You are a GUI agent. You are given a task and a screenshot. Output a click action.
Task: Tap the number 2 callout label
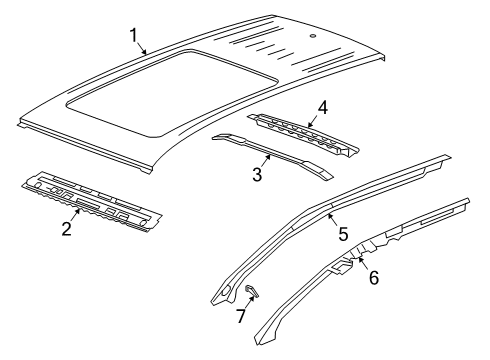(66, 229)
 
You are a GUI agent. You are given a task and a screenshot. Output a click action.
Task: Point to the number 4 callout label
(322, 106)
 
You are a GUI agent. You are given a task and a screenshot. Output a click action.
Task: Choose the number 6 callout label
(374, 278)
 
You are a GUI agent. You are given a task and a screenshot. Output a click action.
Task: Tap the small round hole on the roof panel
(314, 35)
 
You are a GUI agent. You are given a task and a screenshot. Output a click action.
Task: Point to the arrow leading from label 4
(313, 117)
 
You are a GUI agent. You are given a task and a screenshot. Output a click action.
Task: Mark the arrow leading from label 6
(364, 265)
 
